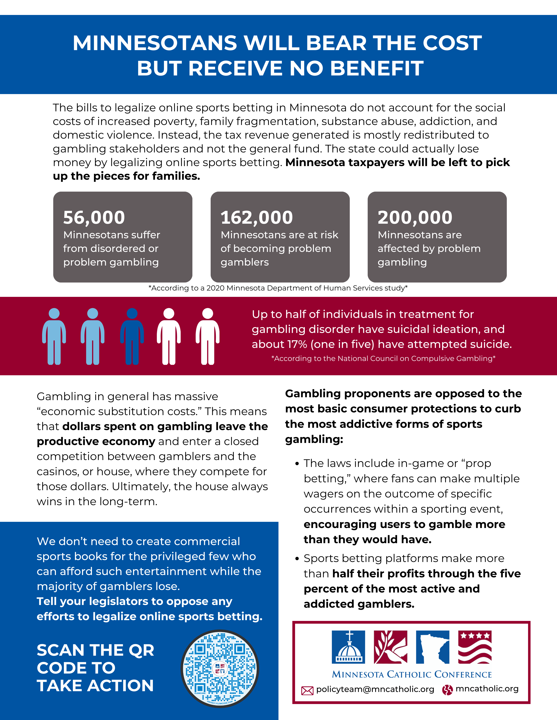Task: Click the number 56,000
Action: tap(94, 218)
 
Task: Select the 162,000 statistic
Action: tap(257, 218)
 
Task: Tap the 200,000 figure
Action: tap(415, 218)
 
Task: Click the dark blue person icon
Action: tap(132, 336)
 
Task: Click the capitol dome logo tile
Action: tap(348, 647)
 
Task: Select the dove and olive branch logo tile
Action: tap(390, 647)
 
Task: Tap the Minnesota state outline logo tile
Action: tap(433, 647)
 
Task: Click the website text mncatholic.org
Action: tap(487, 689)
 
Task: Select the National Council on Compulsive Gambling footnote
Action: tap(383, 358)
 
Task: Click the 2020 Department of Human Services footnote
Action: tap(278, 288)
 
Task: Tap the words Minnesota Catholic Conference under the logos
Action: tap(412, 674)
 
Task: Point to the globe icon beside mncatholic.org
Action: tap(447, 690)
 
